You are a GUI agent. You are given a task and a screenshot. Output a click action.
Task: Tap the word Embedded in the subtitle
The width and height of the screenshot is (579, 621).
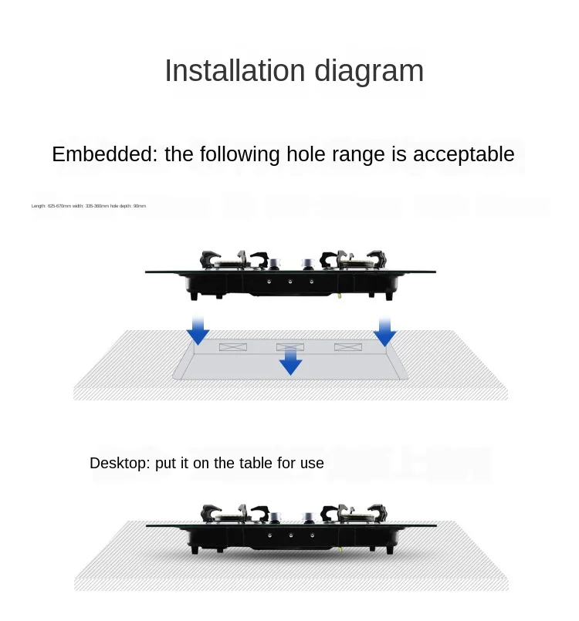103,154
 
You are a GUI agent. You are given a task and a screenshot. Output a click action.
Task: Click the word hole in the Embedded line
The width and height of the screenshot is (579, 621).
307,154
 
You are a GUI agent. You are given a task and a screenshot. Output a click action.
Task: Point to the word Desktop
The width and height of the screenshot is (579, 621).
120,463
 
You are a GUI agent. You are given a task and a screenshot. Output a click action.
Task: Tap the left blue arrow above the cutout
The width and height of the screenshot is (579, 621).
198,331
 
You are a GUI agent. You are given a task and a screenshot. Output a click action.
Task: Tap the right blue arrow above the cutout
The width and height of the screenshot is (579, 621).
384,332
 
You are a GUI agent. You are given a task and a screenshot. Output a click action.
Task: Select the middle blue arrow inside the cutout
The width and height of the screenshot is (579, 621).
290,360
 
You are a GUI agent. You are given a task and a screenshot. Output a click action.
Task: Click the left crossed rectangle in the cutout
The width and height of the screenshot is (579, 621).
233,347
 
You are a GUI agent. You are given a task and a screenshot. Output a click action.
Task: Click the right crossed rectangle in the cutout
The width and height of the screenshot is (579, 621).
348,347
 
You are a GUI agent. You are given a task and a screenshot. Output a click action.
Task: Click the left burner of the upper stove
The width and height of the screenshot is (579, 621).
229,261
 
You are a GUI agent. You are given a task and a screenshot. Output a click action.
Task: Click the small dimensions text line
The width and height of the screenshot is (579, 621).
89,206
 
